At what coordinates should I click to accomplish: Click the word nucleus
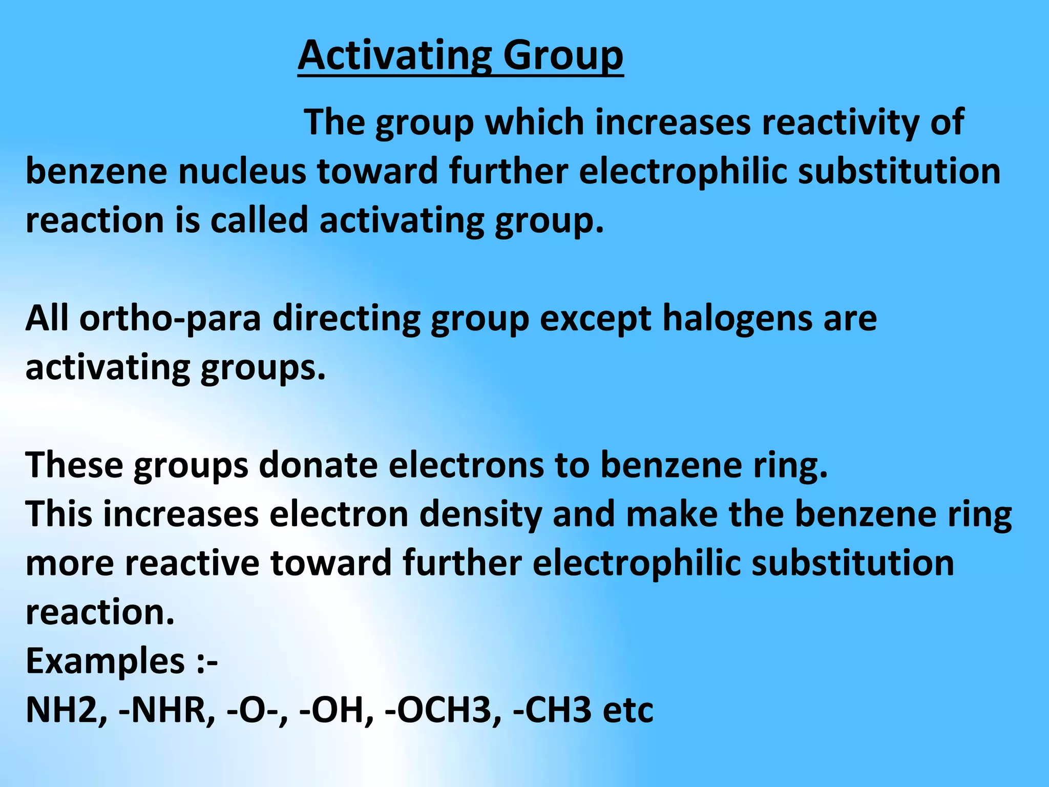tap(242, 172)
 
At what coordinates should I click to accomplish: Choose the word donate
tap(318, 465)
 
